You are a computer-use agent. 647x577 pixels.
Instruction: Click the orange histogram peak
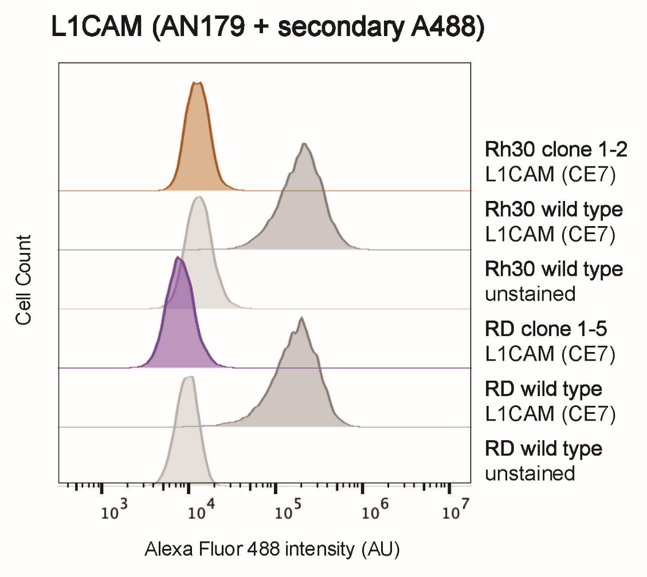tap(198, 82)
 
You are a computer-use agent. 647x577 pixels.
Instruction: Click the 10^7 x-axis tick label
tap(456, 510)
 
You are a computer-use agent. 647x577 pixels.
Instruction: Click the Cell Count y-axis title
tap(23, 280)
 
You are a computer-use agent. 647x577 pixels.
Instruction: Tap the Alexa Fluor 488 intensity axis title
tap(272, 550)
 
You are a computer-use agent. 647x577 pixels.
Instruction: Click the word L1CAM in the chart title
tap(96, 27)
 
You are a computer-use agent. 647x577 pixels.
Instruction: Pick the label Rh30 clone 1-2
tap(556, 149)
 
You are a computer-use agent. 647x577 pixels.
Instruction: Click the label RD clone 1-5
tap(546, 329)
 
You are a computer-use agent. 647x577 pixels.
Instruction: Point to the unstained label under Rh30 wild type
tap(530, 294)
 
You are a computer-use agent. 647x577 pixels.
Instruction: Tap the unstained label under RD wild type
tap(530, 473)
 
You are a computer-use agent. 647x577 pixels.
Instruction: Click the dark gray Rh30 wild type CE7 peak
tap(304, 144)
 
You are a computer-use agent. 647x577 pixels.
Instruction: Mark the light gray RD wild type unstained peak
tap(190, 377)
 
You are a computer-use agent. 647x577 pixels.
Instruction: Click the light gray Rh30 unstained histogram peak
tap(199, 197)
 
